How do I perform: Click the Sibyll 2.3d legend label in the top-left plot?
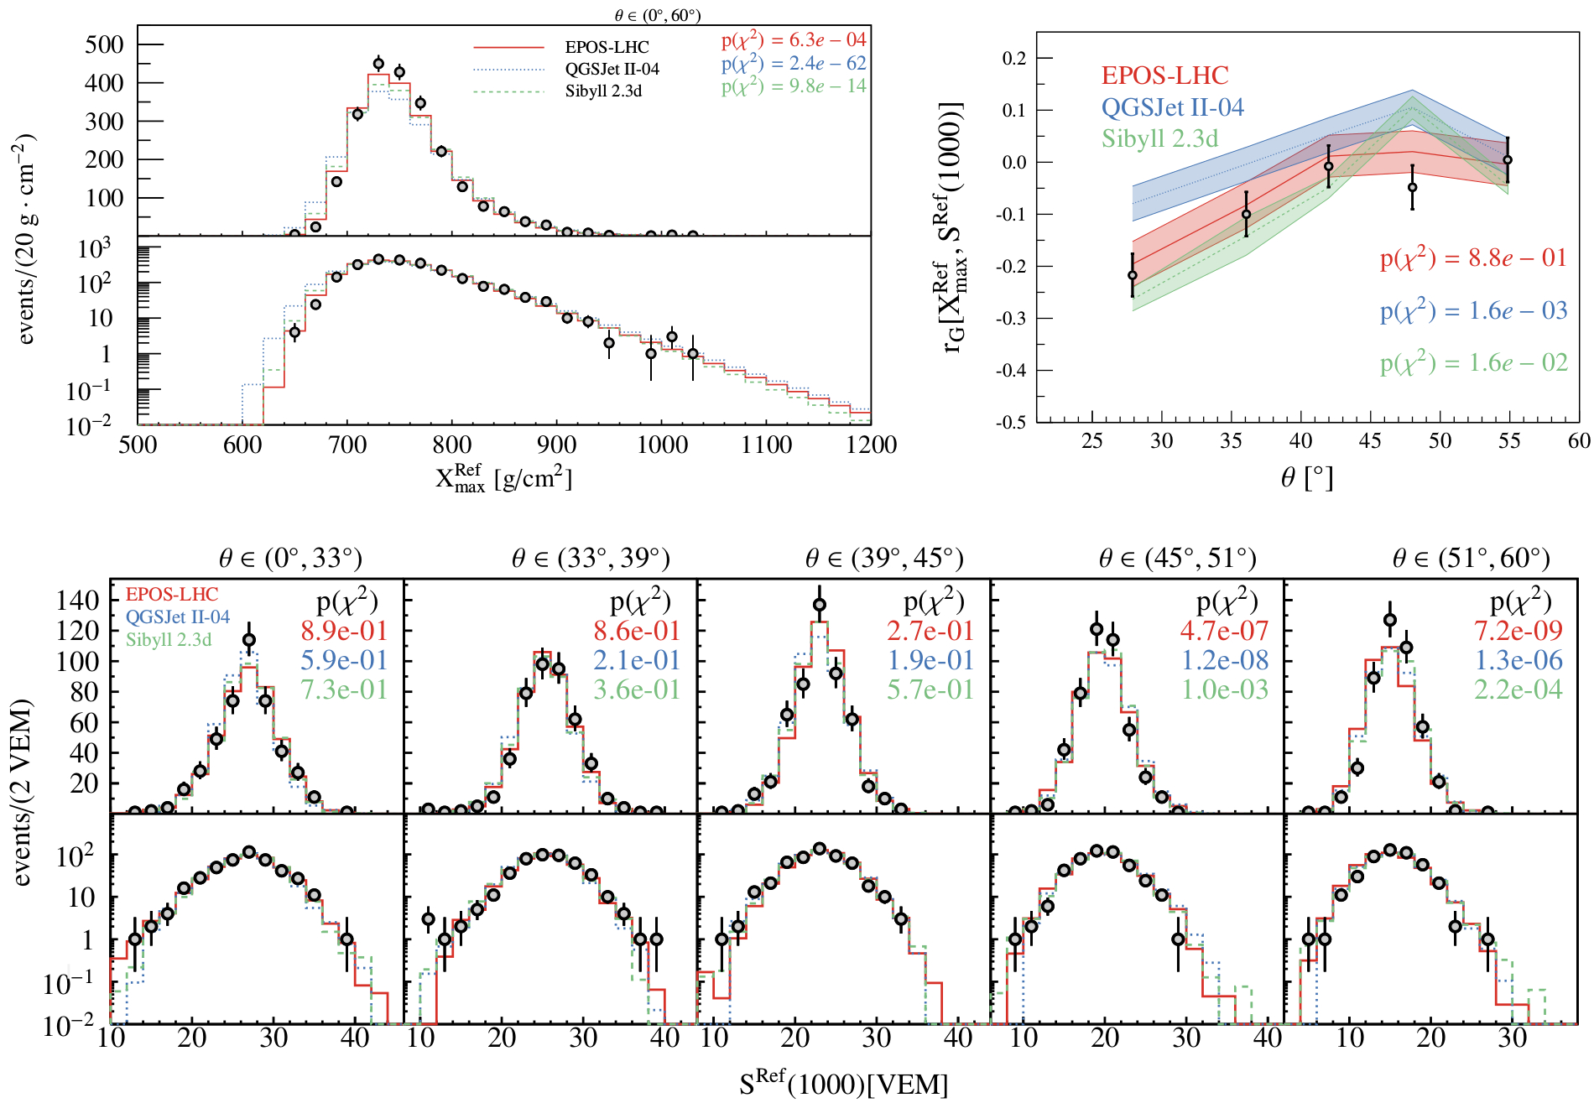click(x=603, y=91)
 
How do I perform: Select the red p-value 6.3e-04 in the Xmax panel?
click(x=794, y=39)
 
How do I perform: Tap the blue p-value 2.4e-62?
click(x=794, y=63)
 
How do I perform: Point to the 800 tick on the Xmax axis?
click(x=452, y=445)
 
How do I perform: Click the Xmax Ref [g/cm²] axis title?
click(x=503, y=478)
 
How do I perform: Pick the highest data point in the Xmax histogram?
click(x=378, y=64)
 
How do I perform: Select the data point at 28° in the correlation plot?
click(x=1133, y=275)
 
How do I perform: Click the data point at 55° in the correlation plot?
click(x=1508, y=160)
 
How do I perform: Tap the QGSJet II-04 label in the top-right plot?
click(x=1172, y=107)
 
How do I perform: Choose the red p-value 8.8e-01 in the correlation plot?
click(x=1473, y=258)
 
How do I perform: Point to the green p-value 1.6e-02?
click(x=1473, y=363)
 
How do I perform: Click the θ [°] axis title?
click(x=1306, y=478)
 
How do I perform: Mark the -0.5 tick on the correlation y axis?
click(x=1011, y=422)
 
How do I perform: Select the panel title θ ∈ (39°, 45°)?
click(x=884, y=559)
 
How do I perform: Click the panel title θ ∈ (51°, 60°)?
click(x=1471, y=559)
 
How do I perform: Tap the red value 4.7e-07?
click(x=1224, y=631)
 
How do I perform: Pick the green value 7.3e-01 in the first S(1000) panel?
click(x=344, y=689)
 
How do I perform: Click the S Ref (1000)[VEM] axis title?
click(x=843, y=1085)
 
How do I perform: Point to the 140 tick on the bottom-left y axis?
click(x=78, y=601)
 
